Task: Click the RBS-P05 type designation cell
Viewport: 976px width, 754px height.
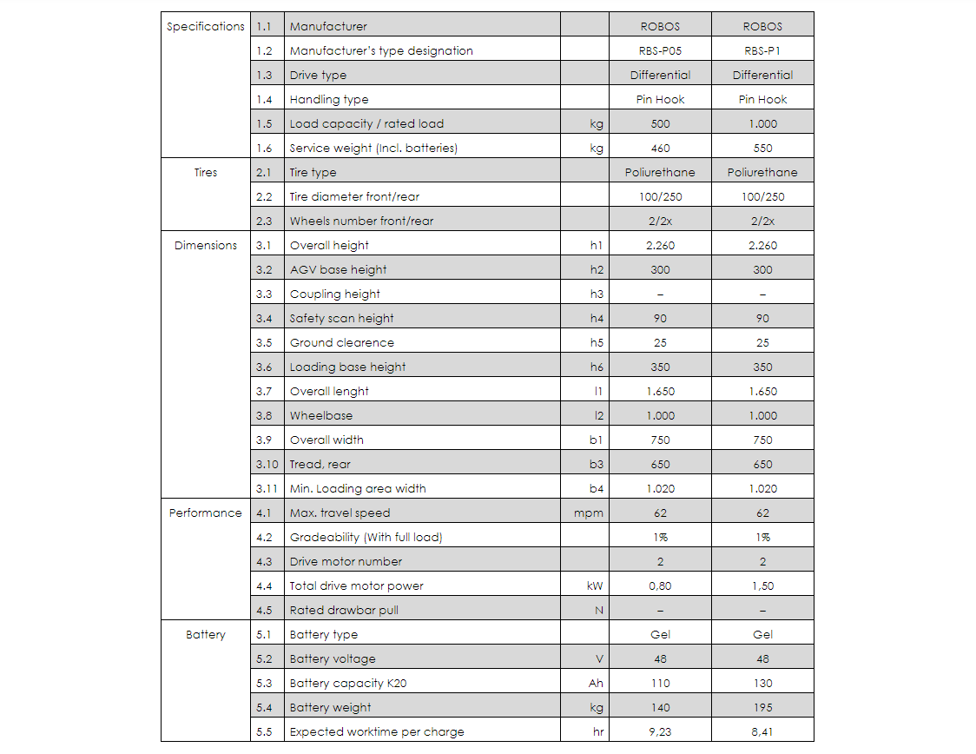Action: [x=660, y=50]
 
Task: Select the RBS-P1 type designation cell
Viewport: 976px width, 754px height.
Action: [x=762, y=50]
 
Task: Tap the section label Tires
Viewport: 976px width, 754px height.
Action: [x=206, y=172]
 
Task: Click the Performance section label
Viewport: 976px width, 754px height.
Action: [x=206, y=513]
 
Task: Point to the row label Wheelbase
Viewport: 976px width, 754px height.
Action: [x=321, y=415]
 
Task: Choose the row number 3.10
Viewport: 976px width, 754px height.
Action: [x=267, y=464]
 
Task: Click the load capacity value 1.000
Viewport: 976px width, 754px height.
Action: [x=762, y=123]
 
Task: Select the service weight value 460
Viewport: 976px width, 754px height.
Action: [x=660, y=148]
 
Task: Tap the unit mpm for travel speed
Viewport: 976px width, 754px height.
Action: [x=589, y=513]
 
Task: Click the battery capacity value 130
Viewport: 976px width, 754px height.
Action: [x=762, y=683]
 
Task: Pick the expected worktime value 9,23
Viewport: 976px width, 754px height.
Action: [x=660, y=731]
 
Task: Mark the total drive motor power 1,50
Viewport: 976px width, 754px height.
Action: [x=762, y=585]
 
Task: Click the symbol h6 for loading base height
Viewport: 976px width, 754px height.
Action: [x=597, y=367]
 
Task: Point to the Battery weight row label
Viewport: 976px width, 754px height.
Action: [x=330, y=707]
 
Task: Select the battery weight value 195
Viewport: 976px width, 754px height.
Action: [x=762, y=707]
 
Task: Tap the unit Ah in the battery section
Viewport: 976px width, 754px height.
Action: [x=596, y=683]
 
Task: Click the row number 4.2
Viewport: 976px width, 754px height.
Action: [x=265, y=537]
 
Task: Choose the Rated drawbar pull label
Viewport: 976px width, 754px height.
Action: [x=344, y=610]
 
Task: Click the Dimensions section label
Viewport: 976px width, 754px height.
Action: [x=206, y=245]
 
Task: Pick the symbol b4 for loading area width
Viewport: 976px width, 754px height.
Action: [x=597, y=488]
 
